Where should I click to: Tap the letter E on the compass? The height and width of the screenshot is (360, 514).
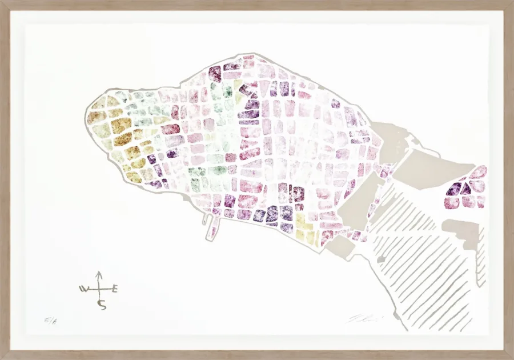[115, 289]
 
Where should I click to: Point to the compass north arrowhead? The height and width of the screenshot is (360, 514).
[98, 274]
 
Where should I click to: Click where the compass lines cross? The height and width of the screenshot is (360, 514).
[99, 289]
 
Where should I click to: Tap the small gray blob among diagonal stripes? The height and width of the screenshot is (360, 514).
[381, 260]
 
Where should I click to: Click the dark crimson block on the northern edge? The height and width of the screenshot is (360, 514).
[215, 73]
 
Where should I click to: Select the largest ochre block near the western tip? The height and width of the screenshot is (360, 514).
[121, 125]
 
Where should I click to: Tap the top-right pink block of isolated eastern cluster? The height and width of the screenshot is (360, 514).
[479, 172]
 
